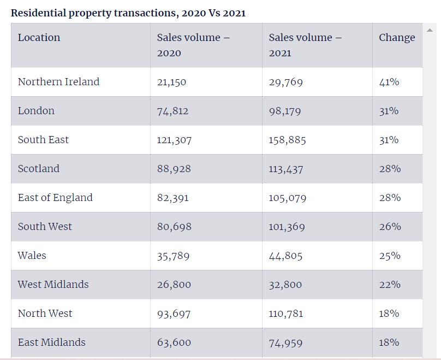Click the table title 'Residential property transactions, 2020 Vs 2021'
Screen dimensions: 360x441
[128, 13]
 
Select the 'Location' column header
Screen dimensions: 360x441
[39, 38]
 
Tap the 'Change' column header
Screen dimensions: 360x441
[397, 38]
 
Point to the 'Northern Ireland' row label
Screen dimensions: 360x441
[58, 82]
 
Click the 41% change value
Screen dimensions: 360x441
[389, 82]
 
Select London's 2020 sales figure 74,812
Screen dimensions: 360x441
[172, 111]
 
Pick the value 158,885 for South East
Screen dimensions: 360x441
[287, 140]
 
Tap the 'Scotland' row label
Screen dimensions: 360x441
[38, 169]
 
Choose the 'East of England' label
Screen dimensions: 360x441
[55, 198]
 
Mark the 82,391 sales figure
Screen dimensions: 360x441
[172, 198]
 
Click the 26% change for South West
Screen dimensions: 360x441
[390, 227]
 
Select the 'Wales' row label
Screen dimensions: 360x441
[32, 256]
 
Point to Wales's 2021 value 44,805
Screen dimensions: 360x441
[285, 256]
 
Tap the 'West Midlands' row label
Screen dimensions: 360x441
[53, 285]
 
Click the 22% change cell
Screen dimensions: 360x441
[390, 285]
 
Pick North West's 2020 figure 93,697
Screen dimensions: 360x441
[174, 314]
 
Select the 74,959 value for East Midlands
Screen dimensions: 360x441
[286, 343]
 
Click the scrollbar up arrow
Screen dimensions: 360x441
[430, 29]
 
